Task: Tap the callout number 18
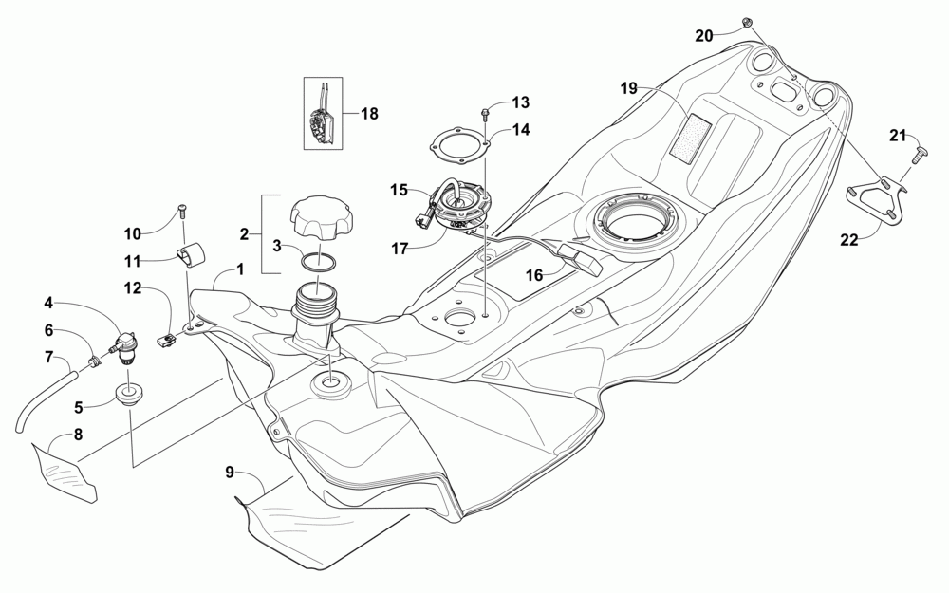point(368,114)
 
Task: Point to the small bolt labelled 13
point(486,114)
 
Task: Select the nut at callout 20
point(747,21)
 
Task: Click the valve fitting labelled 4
point(125,345)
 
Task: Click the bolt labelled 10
point(182,216)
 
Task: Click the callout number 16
point(534,274)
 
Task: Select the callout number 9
point(229,472)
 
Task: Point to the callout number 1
point(240,269)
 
